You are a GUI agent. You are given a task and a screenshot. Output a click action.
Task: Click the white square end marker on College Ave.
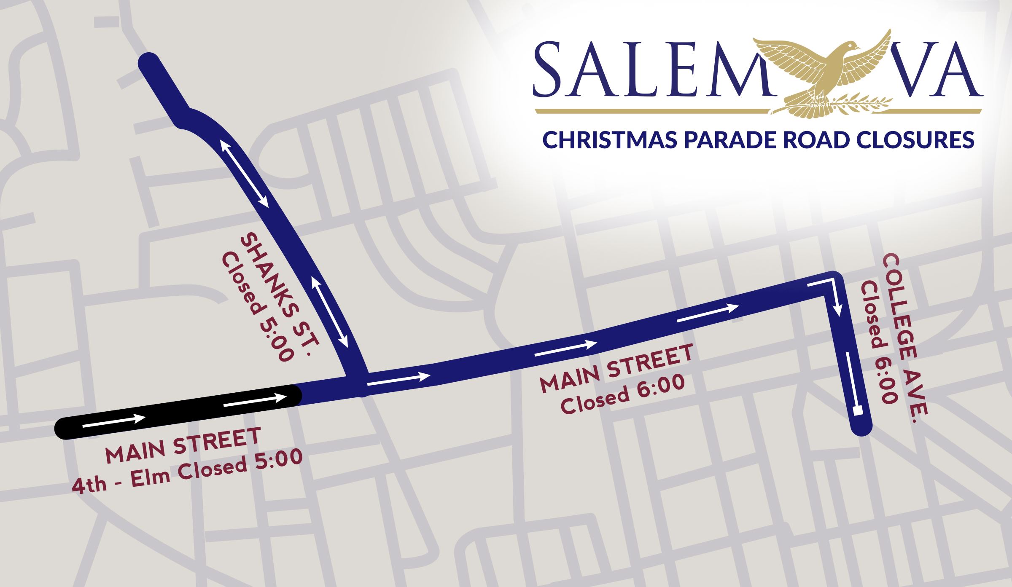(x=856, y=410)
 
